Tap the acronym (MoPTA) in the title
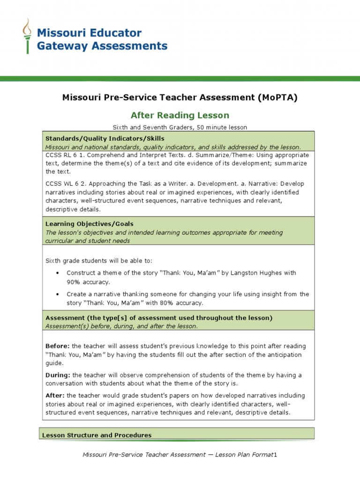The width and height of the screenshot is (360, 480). (277, 97)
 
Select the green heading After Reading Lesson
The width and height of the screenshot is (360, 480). (180, 115)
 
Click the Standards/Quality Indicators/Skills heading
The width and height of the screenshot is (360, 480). (105, 138)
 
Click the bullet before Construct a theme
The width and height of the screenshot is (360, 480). (57, 273)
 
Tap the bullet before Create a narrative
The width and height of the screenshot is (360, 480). (57, 294)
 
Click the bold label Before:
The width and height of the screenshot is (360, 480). (57, 346)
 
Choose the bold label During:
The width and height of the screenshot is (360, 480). (58, 375)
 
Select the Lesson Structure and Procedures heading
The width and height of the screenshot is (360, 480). (97, 435)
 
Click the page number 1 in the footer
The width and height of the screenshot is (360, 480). (276, 455)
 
